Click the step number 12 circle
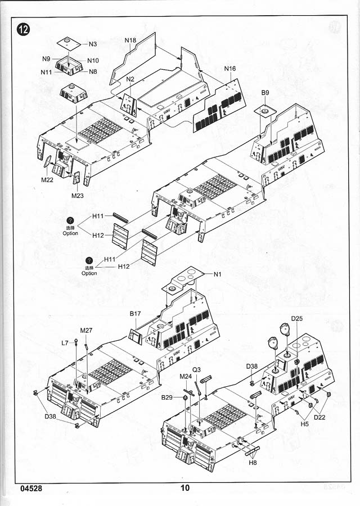click(x=24, y=29)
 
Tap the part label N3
click(x=93, y=43)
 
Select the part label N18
click(x=130, y=40)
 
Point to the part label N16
click(x=230, y=69)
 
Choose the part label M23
click(x=78, y=195)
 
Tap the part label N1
click(x=217, y=274)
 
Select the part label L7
click(x=65, y=342)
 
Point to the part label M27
click(x=86, y=330)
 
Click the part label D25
click(x=297, y=319)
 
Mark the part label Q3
click(x=197, y=369)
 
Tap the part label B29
click(x=167, y=397)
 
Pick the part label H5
click(x=305, y=424)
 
